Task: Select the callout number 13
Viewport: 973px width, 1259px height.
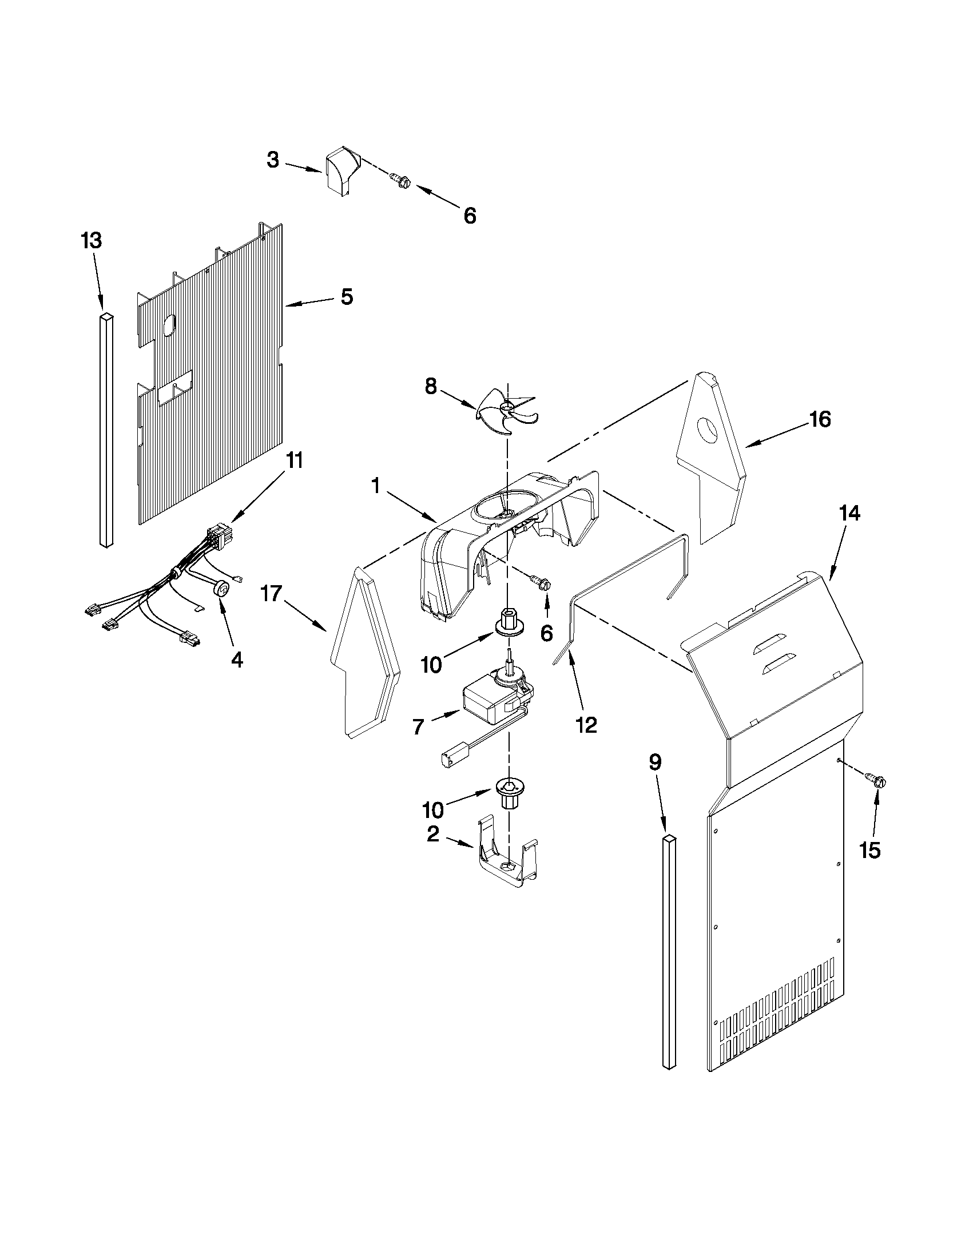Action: [92, 241]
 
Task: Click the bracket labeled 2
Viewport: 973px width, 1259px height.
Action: [506, 860]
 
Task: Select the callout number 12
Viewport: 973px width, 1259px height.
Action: [586, 725]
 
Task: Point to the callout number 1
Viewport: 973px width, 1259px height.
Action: [375, 486]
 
